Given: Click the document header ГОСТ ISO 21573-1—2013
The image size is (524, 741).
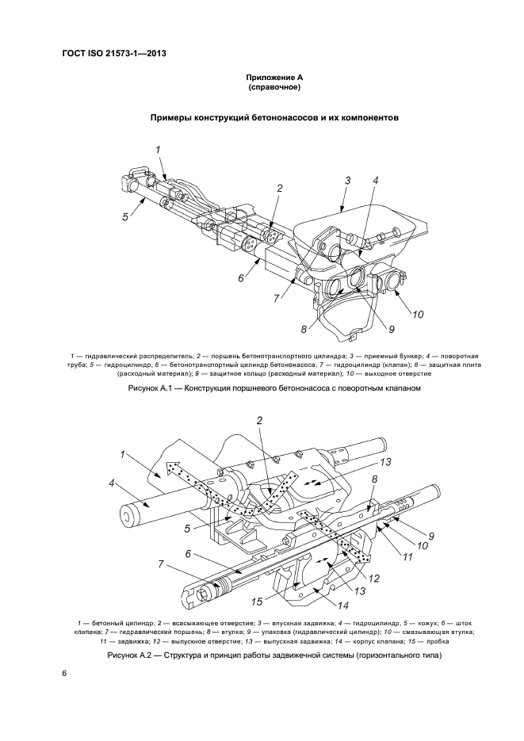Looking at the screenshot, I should [x=118, y=54].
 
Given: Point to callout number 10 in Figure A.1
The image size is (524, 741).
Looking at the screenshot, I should [x=417, y=314].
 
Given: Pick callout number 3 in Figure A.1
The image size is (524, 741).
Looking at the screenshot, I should [x=346, y=181].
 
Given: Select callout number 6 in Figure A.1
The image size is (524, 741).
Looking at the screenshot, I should [x=241, y=278].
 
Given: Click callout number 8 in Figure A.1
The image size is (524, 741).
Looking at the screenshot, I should [x=303, y=328].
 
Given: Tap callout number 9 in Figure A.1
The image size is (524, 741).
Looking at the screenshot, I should [x=368, y=330].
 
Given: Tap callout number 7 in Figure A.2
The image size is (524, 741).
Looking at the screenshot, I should [x=161, y=563].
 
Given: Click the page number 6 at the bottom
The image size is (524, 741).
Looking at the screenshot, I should [x=64, y=673].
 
